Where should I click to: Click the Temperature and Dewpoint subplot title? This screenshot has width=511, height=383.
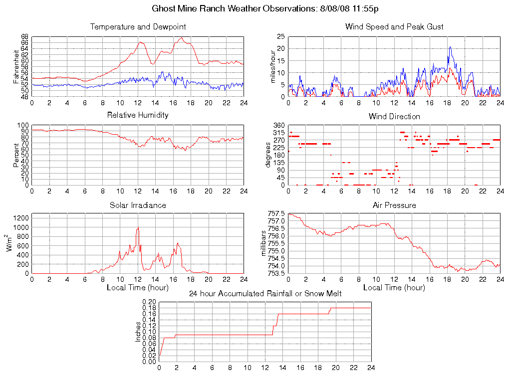click(x=138, y=26)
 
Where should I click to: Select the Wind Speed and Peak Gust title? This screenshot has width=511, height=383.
click(x=394, y=26)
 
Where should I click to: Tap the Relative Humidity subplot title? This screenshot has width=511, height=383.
click(x=138, y=115)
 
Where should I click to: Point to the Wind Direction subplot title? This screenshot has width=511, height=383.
click(x=394, y=116)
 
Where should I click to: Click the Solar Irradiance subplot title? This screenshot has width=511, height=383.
click(x=138, y=205)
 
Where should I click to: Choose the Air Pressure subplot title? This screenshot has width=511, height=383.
click(x=394, y=205)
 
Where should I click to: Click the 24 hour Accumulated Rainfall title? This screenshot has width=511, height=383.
click(x=265, y=294)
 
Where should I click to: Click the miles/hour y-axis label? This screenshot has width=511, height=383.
click(x=273, y=66)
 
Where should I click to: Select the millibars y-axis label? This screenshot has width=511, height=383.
click(x=264, y=243)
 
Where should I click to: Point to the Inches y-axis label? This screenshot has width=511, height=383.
click(x=138, y=332)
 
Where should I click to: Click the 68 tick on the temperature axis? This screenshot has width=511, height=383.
click(x=24, y=37)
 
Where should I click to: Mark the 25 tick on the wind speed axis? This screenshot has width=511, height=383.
click(x=280, y=37)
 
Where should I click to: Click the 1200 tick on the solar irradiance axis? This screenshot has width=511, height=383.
click(x=21, y=218)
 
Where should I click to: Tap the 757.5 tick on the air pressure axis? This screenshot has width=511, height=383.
click(x=276, y=213)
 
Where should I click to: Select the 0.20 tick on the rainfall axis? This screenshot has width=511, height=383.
click(x=149, y=302)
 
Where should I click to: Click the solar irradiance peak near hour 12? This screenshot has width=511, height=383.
click(x=138, y=228)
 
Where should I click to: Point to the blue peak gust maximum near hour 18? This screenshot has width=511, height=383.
click(x=450, y=47)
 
